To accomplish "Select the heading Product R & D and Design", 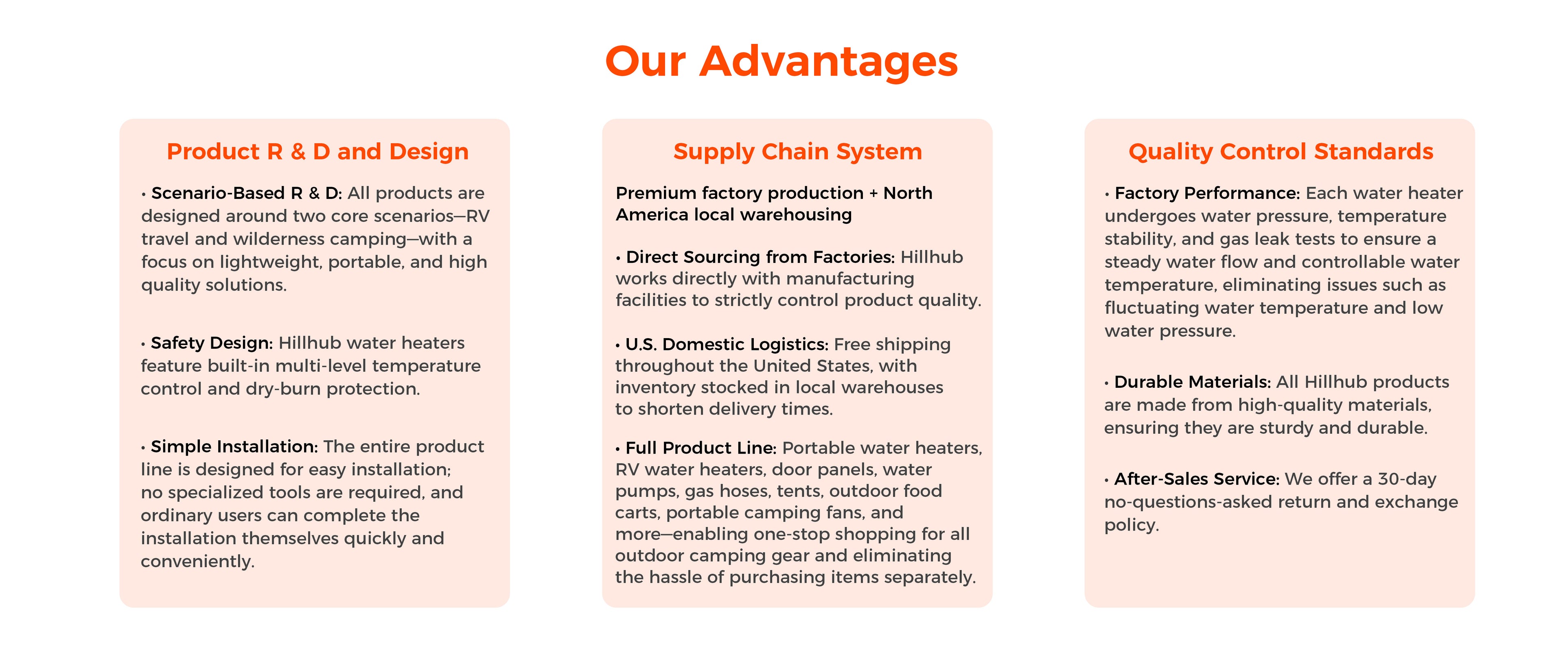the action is coord(317,151).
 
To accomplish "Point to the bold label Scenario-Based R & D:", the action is coord(247,193).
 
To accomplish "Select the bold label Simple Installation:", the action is coord(234,446).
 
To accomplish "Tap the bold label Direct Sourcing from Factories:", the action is coord(760,257).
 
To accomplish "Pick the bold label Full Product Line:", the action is coord(701,448).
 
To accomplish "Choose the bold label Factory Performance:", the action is coord(1207,193).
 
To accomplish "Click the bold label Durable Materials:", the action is coord(1192,382).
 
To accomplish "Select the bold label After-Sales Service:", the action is coord(1197,479).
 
